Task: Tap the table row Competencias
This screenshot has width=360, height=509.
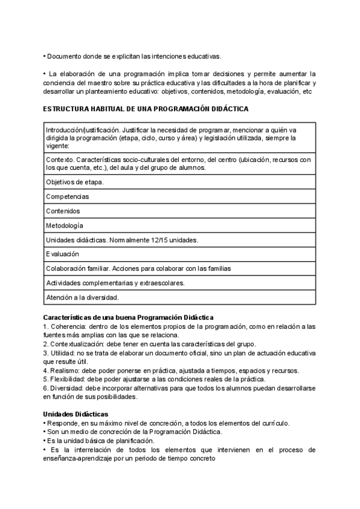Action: point(67,196)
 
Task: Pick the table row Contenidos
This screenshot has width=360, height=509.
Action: point(63,211)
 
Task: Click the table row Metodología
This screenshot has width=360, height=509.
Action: point(65,225)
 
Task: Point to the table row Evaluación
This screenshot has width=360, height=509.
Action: point(62,254)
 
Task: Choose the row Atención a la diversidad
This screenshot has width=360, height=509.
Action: point(82,297)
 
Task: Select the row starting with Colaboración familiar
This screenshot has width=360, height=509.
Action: point(139,268)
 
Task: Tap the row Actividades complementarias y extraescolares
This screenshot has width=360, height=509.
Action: point(115,283)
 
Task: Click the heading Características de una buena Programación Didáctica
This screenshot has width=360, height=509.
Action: point(128,317)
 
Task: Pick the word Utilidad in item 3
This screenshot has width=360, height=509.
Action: point(63,353)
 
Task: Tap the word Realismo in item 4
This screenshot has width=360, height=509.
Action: point(65,371)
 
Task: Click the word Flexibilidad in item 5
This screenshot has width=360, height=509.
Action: point(69,379)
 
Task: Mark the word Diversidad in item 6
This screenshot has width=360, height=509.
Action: point(68,388)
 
